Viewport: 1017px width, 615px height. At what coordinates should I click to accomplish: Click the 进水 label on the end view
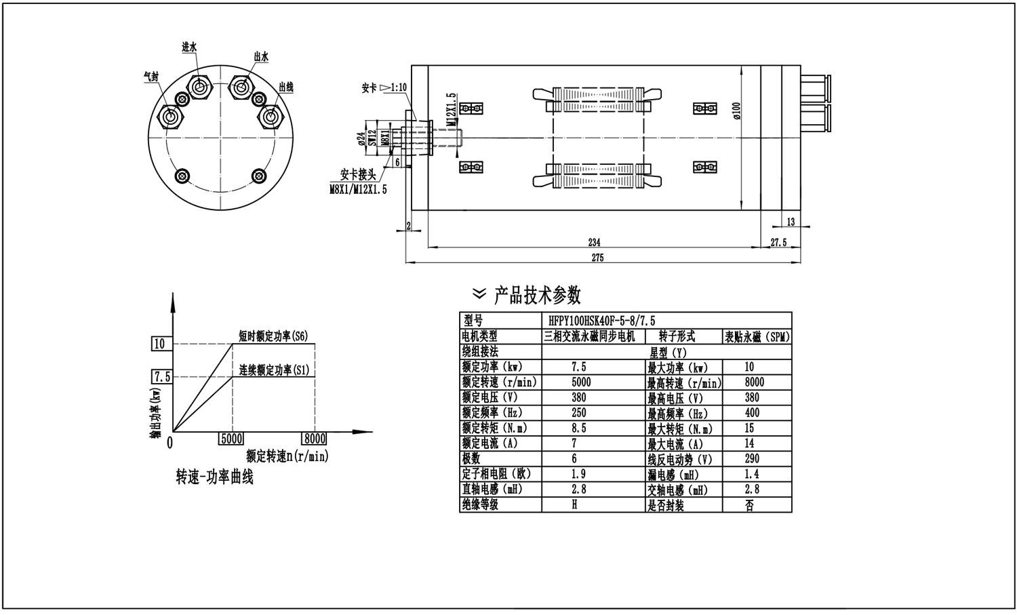189,47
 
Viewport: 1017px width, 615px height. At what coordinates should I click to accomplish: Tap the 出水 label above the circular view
261,57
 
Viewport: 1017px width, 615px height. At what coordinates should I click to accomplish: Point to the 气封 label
151,77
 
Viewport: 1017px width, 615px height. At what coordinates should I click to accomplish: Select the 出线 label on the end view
286,87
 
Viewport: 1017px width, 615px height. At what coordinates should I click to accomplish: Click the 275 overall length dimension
597,258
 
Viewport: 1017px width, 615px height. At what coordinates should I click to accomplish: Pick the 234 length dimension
594,242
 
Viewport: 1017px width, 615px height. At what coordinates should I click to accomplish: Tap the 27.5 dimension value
779,242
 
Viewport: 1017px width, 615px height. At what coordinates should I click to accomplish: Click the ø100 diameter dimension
737,111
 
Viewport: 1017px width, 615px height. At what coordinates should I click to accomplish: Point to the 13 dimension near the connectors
791,222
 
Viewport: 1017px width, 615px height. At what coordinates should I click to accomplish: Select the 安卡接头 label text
357,174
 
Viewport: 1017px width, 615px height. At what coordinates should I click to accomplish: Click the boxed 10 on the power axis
159,344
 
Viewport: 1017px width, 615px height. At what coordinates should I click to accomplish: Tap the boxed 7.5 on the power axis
161,376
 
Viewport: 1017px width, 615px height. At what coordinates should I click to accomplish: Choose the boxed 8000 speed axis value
314,439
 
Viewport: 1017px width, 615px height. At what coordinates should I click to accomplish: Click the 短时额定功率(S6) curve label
273,336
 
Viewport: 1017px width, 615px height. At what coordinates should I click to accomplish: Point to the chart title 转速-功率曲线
214,477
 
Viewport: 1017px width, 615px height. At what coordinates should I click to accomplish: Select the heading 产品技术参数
537,295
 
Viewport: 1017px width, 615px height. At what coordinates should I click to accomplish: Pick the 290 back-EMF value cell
751,459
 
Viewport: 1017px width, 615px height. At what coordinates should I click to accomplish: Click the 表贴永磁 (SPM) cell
757,336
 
